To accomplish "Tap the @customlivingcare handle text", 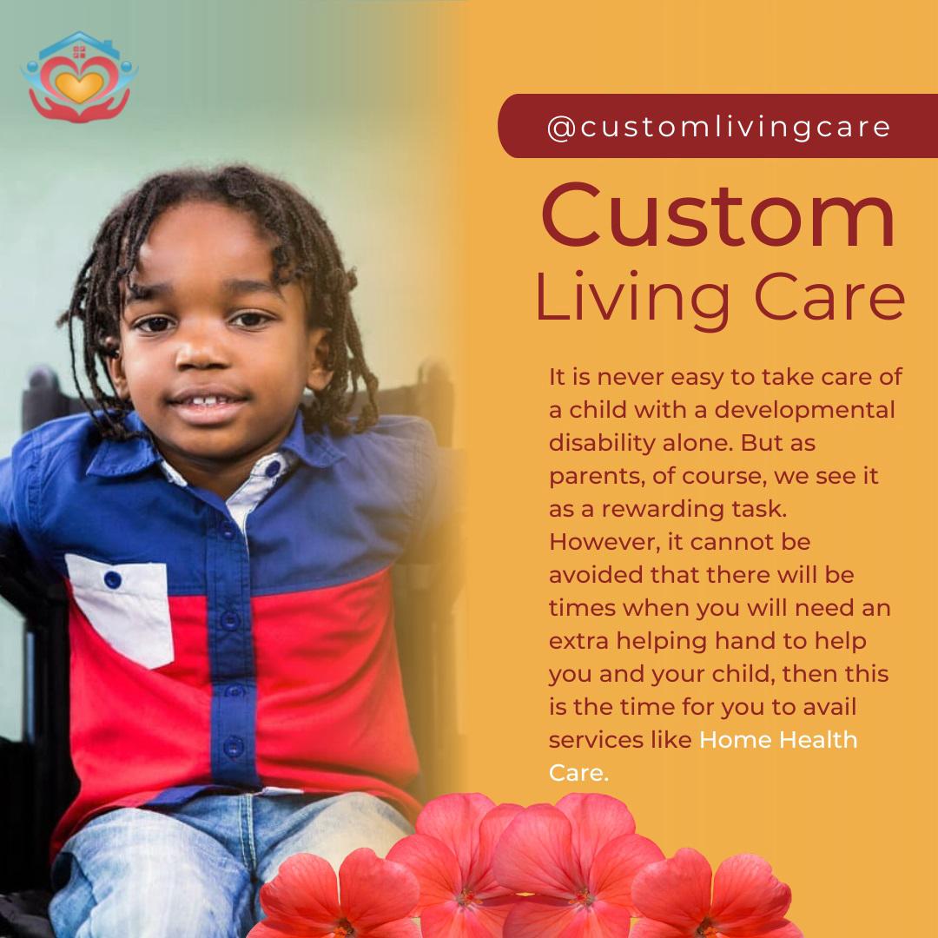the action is point(719,127).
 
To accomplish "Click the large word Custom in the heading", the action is point(718,215).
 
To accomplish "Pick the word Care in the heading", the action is point(829,297).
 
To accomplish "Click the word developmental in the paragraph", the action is point(804,410).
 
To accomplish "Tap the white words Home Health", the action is point(778,740).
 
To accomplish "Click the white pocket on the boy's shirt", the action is point(121,609).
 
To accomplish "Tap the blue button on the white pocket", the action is point(112,579).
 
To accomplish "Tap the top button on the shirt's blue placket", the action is point(227,530).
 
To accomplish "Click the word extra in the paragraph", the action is point(578,641).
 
